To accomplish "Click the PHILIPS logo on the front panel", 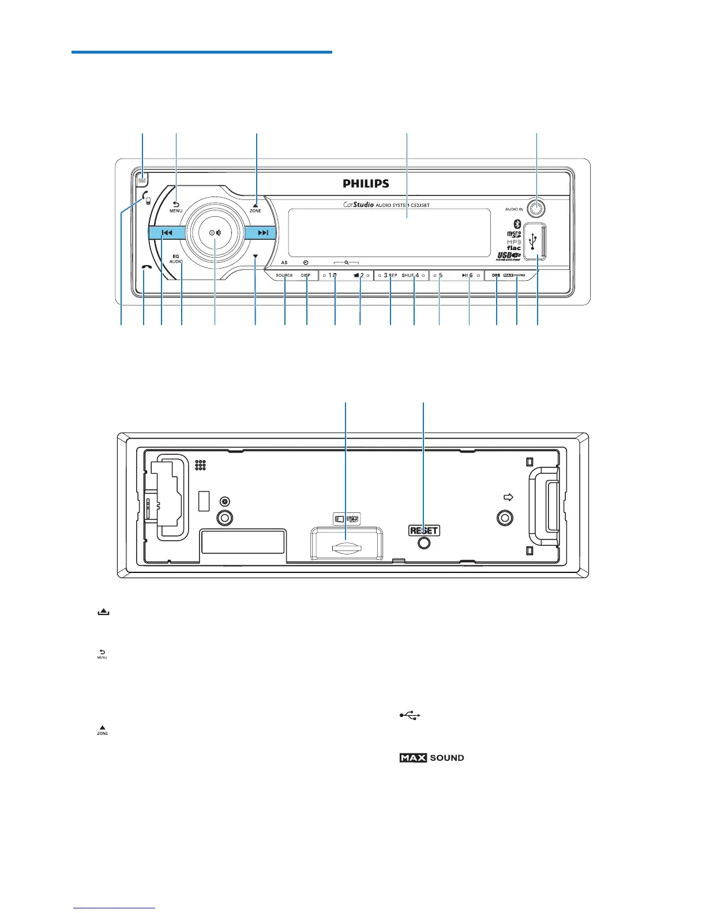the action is pos(366,183).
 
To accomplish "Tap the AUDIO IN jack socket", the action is pos(537,208).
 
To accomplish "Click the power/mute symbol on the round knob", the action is pos(215,233).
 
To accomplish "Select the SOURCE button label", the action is pos(284,276).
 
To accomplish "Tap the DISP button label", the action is pos(306,276).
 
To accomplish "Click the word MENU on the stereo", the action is pos(176,211).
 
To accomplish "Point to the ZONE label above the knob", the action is pos(255,211).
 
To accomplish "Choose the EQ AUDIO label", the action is pos(176,259).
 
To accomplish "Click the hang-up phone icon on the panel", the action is pos(147,267).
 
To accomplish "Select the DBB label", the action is pos(495,276).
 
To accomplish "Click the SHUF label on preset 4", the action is pos(408,276).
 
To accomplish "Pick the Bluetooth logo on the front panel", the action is pos(517,224).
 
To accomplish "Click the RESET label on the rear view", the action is pos(424,530).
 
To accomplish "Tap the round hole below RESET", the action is pos(424,542).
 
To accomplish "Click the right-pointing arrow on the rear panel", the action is pos(508,497).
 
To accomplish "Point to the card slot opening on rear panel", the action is pos(345,548).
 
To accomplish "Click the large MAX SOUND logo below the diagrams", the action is pos(431,758).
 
